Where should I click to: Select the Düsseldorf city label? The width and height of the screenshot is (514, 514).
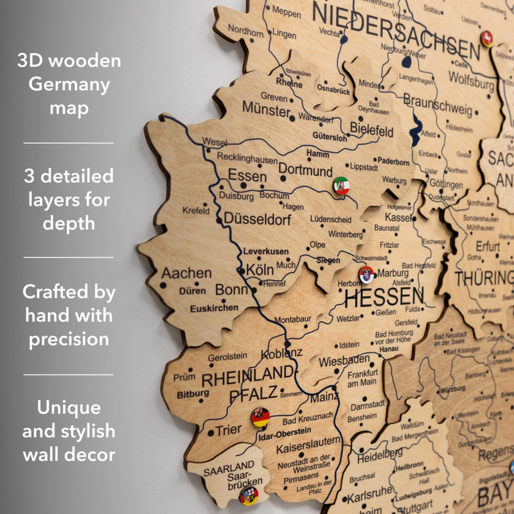point(257,219)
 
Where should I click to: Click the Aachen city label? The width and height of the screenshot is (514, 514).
point(186,273)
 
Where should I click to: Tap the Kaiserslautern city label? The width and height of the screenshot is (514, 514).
point(308,441)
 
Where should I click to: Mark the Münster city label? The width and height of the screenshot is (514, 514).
point(266,110)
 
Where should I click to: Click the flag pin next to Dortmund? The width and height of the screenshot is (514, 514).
point(341,186)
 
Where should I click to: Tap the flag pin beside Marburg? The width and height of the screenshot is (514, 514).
point(366,274)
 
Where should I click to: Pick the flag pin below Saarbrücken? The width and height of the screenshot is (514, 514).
point(249,496)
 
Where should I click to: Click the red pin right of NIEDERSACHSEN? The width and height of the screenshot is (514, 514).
point(486,39)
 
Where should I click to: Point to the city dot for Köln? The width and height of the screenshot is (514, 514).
point(241,271)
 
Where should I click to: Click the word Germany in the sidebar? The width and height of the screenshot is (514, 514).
point(69,84)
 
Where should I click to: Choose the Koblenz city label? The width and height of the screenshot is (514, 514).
point(281,353)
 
